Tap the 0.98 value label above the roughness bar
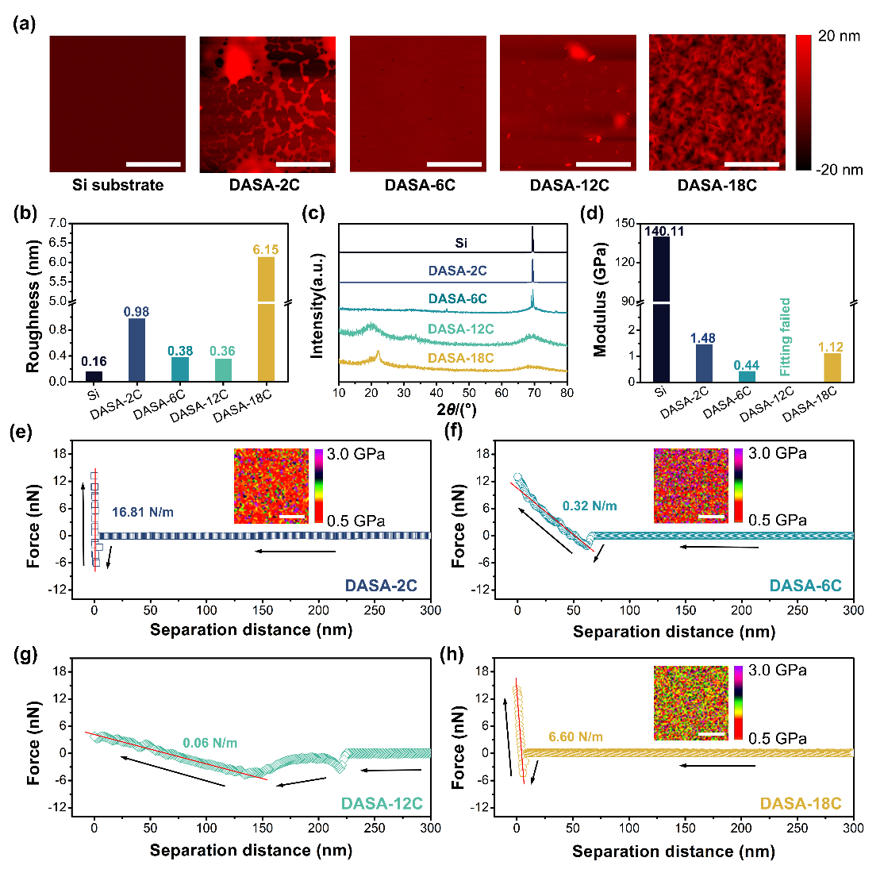coord(136,312)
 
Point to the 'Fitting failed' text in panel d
coord(786,337)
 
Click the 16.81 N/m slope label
coord(143,513)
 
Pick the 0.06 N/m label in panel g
coord(210,744)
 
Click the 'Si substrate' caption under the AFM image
coord(117,186)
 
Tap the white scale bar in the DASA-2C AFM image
coord(303,164)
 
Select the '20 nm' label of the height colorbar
coord(839,37)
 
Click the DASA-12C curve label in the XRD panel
coord(461,329)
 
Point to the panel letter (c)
coord(314,212)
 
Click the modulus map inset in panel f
coord(690,486)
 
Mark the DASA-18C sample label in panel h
coord(801,804)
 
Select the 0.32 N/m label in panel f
coord(590,506)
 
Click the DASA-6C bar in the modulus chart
coord(746,376)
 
